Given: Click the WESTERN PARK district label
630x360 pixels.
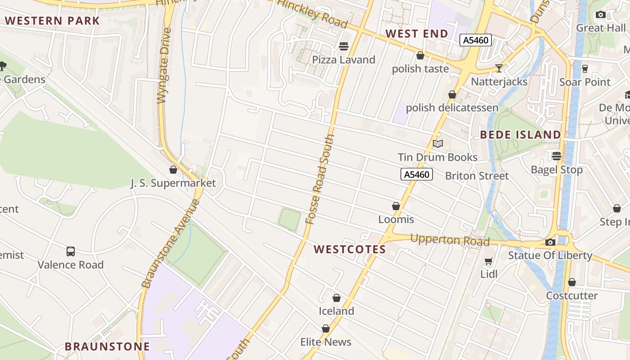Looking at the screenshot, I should point(52,21).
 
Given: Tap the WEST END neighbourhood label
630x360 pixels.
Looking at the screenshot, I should point(417,34).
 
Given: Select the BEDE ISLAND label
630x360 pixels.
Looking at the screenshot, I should point(521,135).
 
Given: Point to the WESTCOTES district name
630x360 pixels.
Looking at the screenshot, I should point(350,249).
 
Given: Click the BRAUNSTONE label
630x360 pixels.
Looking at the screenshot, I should point(107,346).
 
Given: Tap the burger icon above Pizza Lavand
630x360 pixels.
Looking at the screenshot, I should point(344,46).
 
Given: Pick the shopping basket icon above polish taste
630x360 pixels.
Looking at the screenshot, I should point(420,55).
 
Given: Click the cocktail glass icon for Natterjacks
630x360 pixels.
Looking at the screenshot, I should point(499,68).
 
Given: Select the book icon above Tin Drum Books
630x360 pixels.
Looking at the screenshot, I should point(437,144).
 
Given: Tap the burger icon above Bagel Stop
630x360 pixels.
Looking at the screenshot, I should point(557,156).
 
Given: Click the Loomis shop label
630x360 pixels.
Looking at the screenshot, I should point(396,220).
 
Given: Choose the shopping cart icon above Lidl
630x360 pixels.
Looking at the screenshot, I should point(489,261).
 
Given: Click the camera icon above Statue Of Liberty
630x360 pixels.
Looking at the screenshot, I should point(550,242).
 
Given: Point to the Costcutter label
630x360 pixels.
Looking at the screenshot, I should point(571,296).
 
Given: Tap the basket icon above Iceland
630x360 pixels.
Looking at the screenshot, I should point(336,298).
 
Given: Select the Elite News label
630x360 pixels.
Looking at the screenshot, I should point(326,342).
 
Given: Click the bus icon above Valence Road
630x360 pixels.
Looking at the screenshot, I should point(71,251).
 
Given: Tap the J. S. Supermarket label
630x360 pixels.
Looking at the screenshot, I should point(173,183).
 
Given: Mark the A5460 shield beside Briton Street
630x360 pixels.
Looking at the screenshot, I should point(417,174).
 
